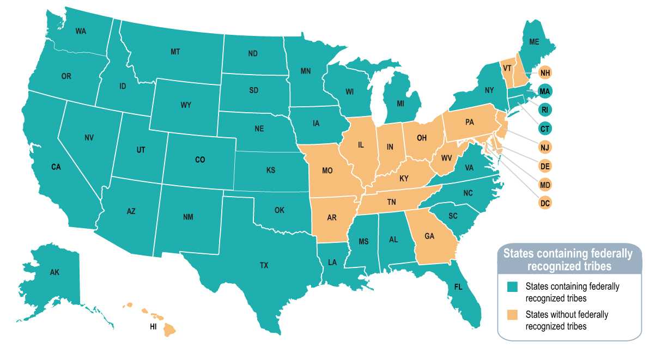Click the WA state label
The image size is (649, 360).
[x=81, y=31]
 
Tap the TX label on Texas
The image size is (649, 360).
[x=264, y=265]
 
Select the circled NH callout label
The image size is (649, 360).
[x=544, y=72]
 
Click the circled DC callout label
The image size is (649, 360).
[x=544, y=203]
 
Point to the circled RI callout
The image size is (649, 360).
[x=544, y=109]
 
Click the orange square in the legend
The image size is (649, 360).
[x=512, y=315]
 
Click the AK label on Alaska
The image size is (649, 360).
[x=54, y=272]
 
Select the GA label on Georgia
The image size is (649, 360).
[x=429, y=236]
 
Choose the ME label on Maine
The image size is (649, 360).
[x=534, y=42]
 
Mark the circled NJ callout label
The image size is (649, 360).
[x=544, y=147]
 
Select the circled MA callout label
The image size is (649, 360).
[x=544, y=91]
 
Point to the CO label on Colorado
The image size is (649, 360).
[x=200, y=160]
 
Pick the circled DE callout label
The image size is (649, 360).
[x=544, y=166]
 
